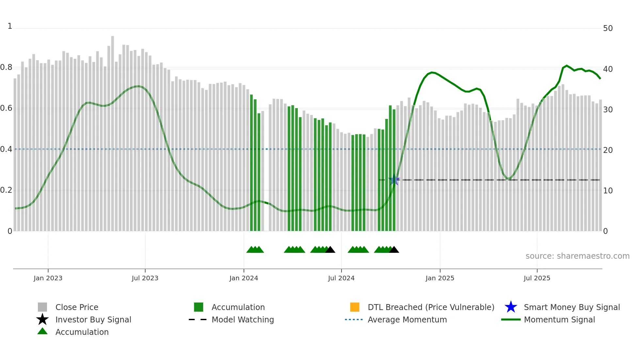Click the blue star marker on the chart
[394, 180]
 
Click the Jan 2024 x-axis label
[244, 278]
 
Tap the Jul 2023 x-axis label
[145, 278]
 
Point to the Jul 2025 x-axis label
[537, 278]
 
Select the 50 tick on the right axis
[608, 28]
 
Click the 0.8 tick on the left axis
[6, 68]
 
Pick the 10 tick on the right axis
[608, 191]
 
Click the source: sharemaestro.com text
[577, 256]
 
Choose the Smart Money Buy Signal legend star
[511, 307]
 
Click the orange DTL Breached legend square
[355, 307]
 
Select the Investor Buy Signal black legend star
[42, 319]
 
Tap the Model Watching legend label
[243, 319]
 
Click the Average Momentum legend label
[407, 319]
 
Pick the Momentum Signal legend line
[511, 319]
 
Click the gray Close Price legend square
[42, 307]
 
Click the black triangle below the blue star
[394, 250]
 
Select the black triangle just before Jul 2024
[330, 250]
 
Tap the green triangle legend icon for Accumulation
[42, 331]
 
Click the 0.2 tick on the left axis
[6, 190]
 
